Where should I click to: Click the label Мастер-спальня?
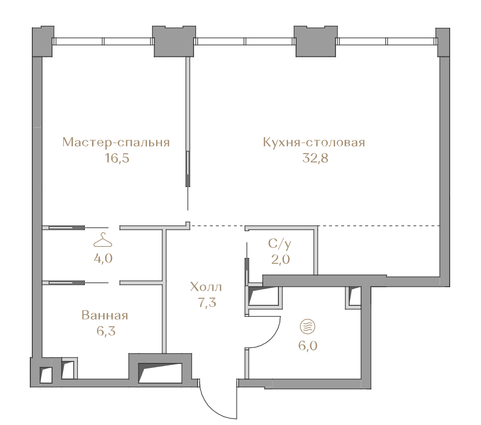[x=116, y=142]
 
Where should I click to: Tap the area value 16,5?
[x=117, y=158]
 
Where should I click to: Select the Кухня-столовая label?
[x=314, y=142]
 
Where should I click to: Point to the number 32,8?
[x=315, y=158]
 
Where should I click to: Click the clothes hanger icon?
[x=103, y=240]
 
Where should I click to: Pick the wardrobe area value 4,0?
[x=103, y=258]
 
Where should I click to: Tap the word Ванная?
[x=105, y=315]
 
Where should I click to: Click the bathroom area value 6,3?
[x=106, y=331]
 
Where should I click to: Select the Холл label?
[x=206, y=287]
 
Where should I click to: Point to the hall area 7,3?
[x=207, y=303]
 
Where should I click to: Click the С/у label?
[x=280, y=244]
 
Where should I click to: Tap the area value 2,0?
[x=280, y=259]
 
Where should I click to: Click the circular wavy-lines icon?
[x=307, y=327]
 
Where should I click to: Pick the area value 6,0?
[x=308, y=346]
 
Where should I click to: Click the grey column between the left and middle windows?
[x=174, y=41]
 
